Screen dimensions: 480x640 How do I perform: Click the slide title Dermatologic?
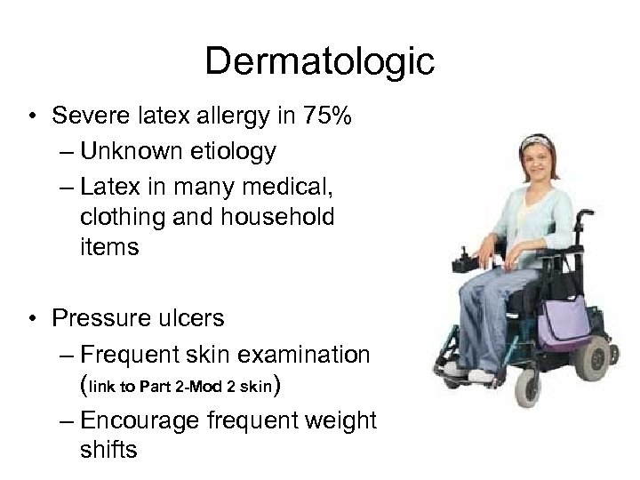319,62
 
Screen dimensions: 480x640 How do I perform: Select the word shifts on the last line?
108,450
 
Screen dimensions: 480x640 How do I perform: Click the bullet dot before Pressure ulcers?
32,317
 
